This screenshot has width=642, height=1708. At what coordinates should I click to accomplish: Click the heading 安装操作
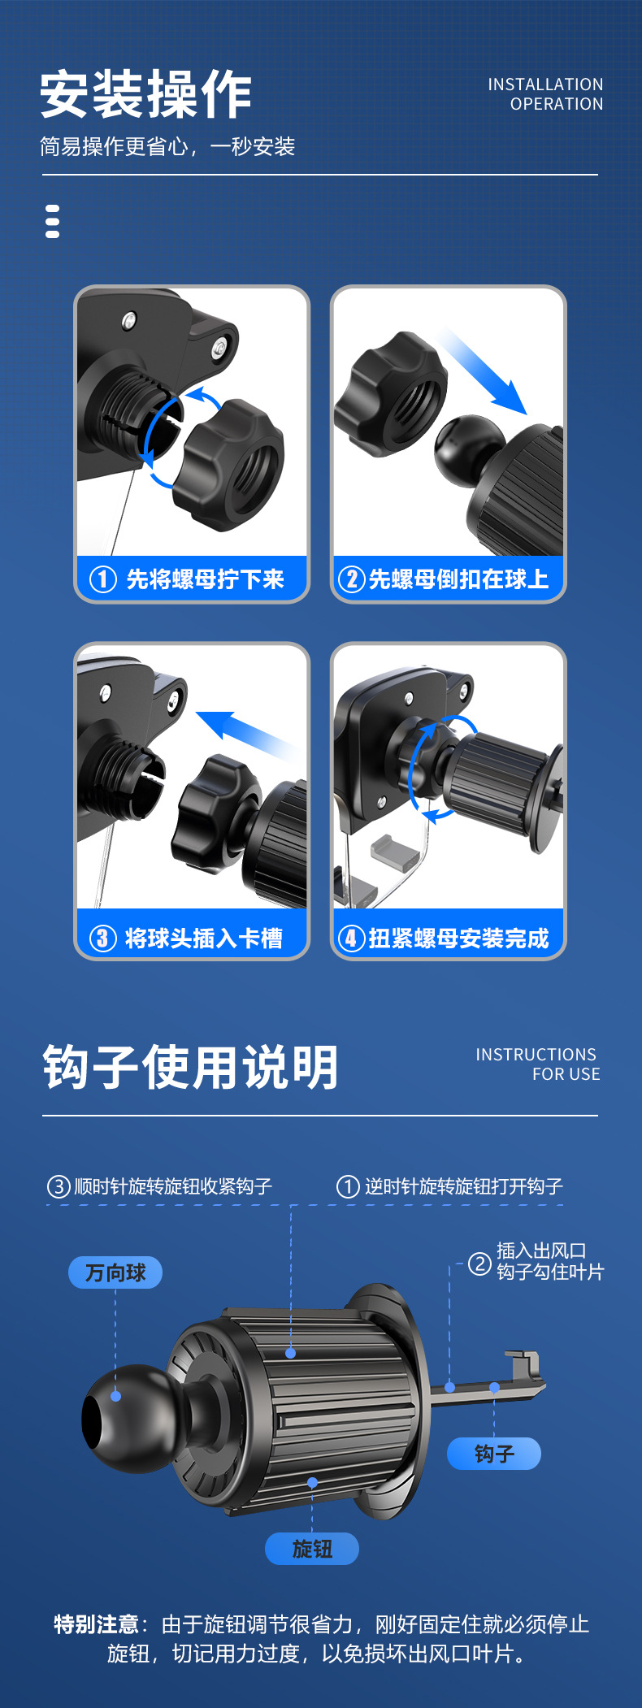(x=146, y=95)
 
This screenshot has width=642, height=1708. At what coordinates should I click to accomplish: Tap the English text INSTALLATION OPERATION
(x=545, y=94)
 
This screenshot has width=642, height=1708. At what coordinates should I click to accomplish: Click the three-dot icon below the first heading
(x=53, y=222)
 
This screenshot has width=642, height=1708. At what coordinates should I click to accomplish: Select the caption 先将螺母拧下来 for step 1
(x=205, y=579)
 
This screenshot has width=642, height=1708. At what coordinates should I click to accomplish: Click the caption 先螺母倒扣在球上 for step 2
(x=458, y=579)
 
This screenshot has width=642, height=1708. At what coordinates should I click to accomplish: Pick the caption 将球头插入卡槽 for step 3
(x=204, y=939)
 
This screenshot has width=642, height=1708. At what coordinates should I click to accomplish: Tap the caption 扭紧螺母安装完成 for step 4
(x=458, y=939)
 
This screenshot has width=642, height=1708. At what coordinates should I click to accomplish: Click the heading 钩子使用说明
(x=190, y=1067)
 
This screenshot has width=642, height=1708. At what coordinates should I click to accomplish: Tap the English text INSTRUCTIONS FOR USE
(x=537, y=1064)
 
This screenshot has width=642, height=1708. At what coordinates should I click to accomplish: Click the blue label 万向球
(x=115, y=1273)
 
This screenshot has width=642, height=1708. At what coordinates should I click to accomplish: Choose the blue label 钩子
(x=494, y=1454)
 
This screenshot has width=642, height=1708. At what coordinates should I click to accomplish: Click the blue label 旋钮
(x=312, y=1549)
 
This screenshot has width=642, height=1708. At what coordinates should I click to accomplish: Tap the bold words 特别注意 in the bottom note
(x=97, y=1624)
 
